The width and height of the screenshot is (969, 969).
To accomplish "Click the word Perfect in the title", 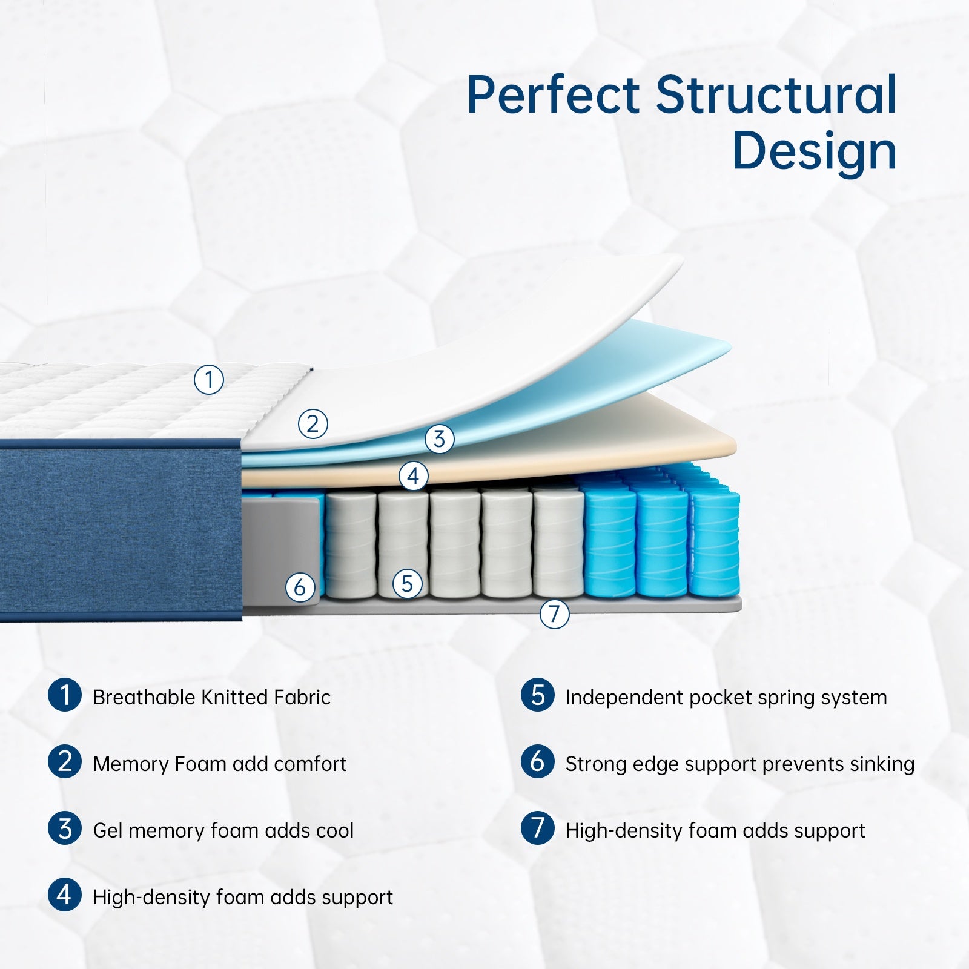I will pos(553,95).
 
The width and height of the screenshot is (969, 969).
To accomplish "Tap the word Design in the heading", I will pos(814,151).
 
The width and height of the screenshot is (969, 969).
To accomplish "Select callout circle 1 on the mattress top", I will pos(209,380).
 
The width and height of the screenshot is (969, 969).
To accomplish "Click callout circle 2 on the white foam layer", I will pos(313,424).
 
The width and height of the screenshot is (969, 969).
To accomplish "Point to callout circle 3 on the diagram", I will pos(439,438).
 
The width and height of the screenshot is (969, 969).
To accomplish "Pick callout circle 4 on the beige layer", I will pos(413,476).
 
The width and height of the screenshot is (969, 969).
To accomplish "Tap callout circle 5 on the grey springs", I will pos(407,584).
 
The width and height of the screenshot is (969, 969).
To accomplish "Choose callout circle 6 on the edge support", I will pos(300,587).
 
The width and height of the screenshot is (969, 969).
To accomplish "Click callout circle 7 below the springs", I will pos(554,613).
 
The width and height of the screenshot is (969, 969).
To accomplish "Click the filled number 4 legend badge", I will pos(65,895).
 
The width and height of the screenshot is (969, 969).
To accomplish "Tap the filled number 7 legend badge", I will pos(537,828).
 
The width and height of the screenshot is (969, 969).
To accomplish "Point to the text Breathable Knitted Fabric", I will pos(211,697).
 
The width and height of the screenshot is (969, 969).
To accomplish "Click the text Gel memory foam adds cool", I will pos(223,830).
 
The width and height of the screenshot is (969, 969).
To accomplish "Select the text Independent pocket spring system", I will pos(726,697).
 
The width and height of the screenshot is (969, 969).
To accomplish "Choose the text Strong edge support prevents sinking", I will pos(739,764).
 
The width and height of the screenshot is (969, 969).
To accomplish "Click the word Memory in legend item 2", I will pos(131,764).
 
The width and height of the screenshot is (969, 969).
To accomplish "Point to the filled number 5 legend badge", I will pos(537,695).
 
